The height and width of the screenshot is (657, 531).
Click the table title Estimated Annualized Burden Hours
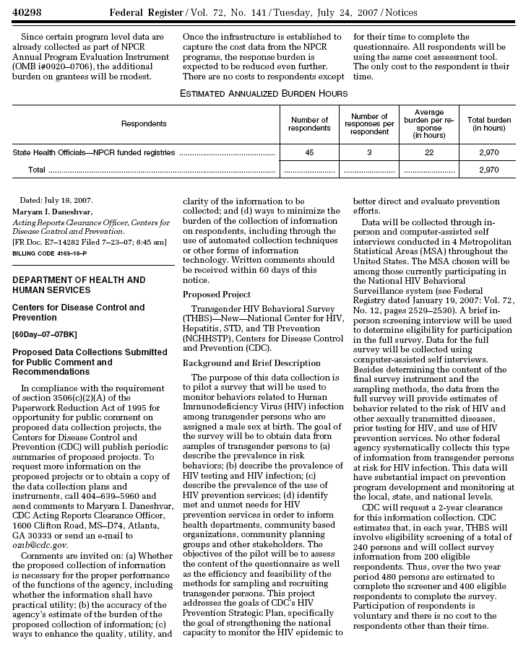[x=264, y=93]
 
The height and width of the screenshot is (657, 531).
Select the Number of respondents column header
[x=309, y=124]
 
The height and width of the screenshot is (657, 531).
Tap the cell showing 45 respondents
[x=309, y=153]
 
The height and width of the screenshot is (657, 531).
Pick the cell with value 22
[x=428, y=153]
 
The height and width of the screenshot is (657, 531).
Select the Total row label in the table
[x=36, y=170]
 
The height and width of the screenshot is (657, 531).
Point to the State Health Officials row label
[x=94, y=153]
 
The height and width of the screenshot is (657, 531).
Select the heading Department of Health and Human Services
[x=79, y=284]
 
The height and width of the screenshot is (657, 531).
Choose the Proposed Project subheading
[x=217, y=295]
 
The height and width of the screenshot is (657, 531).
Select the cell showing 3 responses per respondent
[x=368, y=153]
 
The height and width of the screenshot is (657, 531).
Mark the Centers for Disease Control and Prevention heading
[x=79, y=313]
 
